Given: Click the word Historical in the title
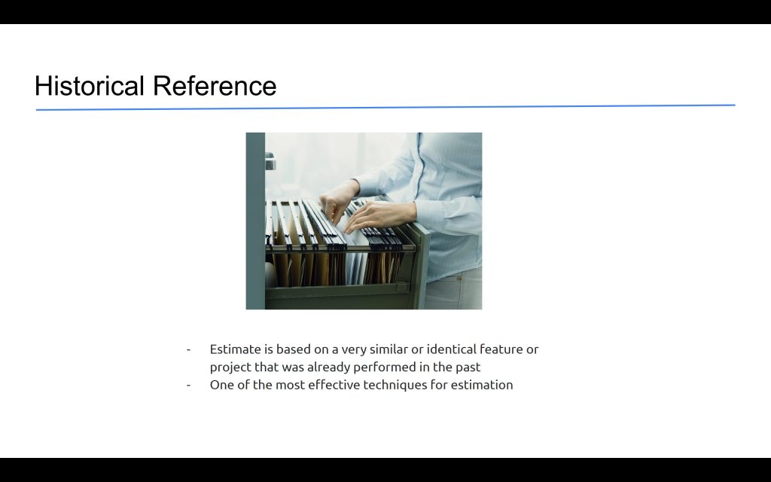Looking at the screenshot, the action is point(89,86).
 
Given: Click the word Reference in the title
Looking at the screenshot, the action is point(215,86).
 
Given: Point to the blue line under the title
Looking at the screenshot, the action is point(385,107).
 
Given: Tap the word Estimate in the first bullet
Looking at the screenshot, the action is point(235,349).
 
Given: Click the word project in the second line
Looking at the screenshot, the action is point(230,368).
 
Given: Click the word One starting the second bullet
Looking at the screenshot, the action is point(221,385).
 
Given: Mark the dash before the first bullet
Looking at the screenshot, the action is point(188,349).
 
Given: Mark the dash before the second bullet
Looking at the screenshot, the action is point(188,385).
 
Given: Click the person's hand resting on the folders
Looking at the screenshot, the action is point(379,215).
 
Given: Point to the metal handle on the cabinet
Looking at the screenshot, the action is point(270,161).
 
